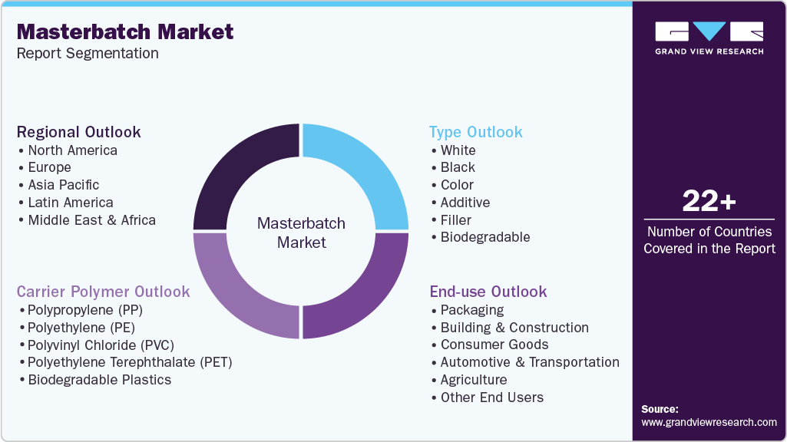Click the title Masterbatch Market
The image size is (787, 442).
click(125, 31)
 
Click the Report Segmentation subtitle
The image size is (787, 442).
click(88, 54)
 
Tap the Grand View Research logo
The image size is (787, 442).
click(709, 38)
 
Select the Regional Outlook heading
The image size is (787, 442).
click(79, 132)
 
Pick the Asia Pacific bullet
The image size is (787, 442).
click(63, 185)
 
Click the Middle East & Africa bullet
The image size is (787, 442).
click(91, 220)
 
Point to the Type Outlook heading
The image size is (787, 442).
click(476, 132)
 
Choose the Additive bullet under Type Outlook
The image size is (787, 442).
click(465, 203)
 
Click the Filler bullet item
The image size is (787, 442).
click(455, 220)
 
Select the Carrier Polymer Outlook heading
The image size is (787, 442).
click(104, 292)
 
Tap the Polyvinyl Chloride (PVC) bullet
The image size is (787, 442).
click(101, 345)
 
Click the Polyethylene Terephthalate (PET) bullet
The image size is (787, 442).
click(129, 362)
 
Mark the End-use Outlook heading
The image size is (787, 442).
click(488, 292)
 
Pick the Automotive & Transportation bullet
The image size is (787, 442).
click(530, 362)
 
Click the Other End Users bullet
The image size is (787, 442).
click(491, 397)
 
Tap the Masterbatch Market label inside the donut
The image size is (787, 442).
click(301, 233)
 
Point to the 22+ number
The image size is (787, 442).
click(709, 202)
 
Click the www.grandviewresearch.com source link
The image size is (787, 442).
click(709, 422)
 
